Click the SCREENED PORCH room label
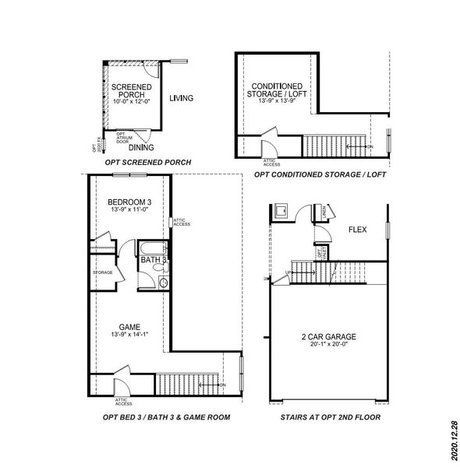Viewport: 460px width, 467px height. click(126, 91)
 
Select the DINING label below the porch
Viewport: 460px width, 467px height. click(140, 147)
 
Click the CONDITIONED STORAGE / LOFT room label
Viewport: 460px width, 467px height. click(277, 91)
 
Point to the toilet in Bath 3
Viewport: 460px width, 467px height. click(159, 268)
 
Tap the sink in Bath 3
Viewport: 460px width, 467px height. click(163, 283)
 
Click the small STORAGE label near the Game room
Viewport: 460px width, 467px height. click(103, 272)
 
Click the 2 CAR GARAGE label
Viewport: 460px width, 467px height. click(328, 337)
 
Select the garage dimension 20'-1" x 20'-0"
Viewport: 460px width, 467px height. click(328, 346)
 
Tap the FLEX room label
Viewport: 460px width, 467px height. click(358, 230)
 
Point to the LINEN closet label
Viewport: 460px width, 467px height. click(323, 212)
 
